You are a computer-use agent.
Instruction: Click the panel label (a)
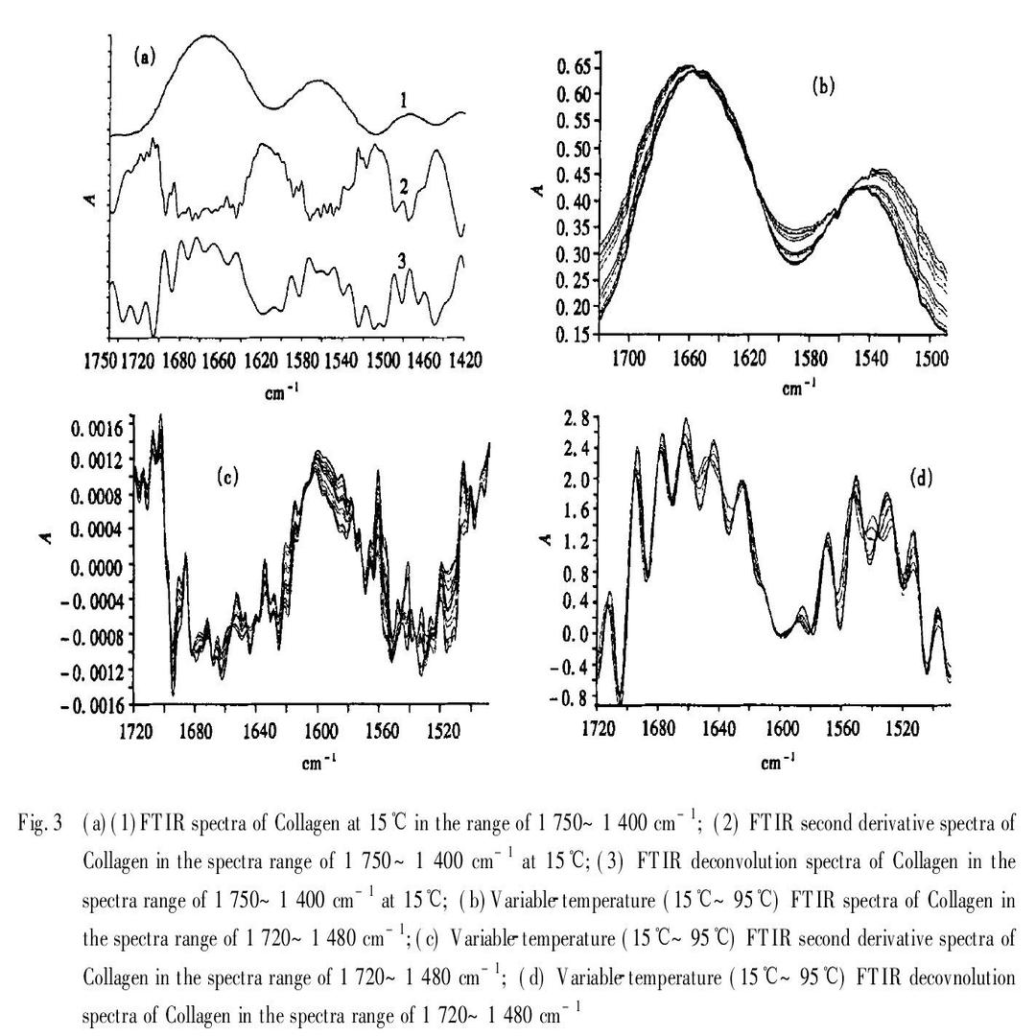144,57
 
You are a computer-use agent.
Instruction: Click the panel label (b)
823,86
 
